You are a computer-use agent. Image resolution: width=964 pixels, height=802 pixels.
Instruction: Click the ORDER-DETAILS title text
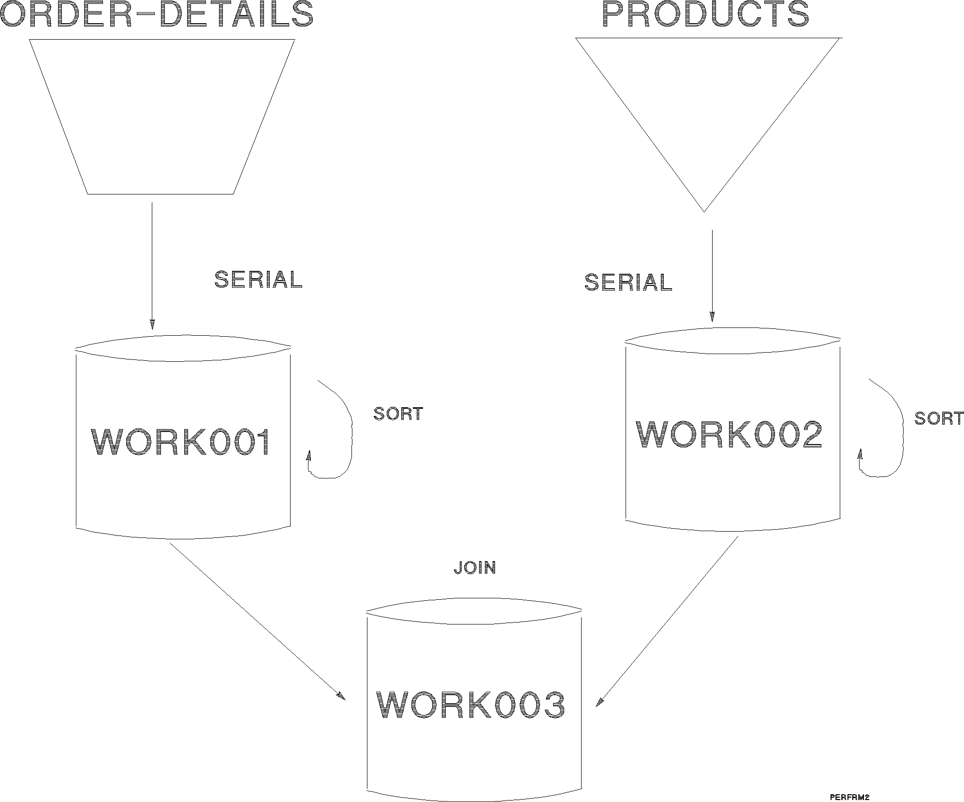(x=157, y=14)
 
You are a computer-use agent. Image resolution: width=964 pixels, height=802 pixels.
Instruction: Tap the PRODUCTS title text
(x=705, y=14)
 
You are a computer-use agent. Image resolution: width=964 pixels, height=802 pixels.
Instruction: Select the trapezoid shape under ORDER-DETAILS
(x=161, y=116)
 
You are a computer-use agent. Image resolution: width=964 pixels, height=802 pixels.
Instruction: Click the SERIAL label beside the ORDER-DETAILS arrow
(x=258, y=280)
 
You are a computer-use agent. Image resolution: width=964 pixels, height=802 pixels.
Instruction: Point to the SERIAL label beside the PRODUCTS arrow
(x=628, y=282)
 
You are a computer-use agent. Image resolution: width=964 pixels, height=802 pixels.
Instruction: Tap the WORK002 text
(x=729, y=435)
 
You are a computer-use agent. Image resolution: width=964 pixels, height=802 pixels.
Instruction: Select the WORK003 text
(x=470, y=705)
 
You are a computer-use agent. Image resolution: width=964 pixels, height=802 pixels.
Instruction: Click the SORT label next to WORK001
(x=398, y=414)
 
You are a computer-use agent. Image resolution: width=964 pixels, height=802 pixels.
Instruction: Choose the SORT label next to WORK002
(x=938, y=418)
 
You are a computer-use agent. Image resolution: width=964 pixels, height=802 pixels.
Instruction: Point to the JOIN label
(x=475, y=568)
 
